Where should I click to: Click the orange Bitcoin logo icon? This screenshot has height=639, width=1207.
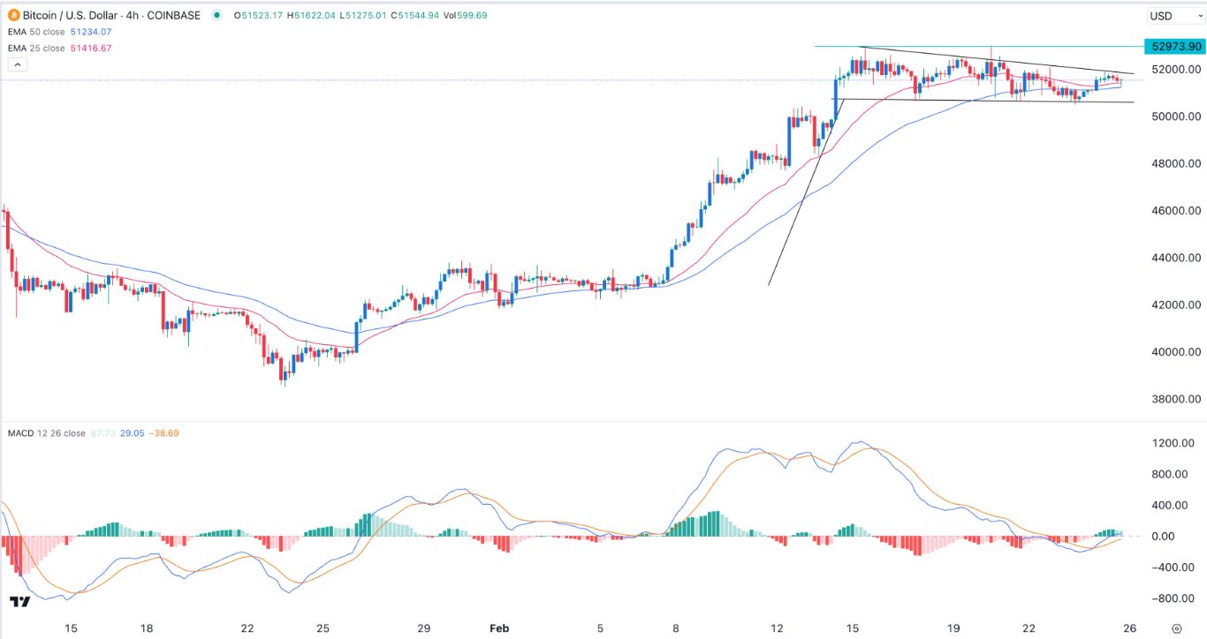(x=14, y=15)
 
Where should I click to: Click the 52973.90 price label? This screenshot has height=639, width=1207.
(x=1172, y=46)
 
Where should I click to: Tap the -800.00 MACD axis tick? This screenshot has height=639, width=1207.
(x=1173, y=598)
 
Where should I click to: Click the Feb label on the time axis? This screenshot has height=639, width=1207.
(x=500, y=628)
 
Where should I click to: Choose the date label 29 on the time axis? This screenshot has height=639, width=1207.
(x=424, y=628)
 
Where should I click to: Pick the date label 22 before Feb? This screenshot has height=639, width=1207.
(x=247, y=628)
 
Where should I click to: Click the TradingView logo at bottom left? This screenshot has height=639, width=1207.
(x=20, y=602)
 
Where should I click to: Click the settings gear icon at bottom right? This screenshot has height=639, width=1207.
(x=1175, y=628)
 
